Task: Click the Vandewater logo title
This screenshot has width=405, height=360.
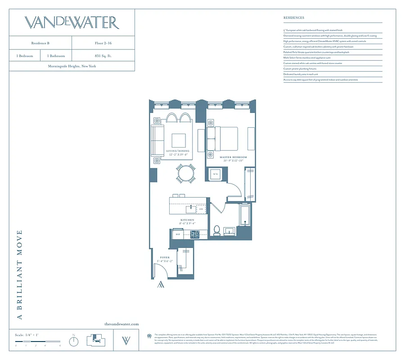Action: pos(72,22)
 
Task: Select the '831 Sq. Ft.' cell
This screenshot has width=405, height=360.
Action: pos(103,56)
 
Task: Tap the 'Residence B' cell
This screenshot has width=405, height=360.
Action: pos(40,43)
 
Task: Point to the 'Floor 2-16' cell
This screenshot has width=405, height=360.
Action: pos(103,43)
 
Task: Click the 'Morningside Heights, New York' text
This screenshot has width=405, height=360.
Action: pos(72,66)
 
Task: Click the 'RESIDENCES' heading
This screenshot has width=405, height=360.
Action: pos(294,18)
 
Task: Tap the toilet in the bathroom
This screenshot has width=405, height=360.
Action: pos(216,230)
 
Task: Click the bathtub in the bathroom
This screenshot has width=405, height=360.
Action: pos(245,215)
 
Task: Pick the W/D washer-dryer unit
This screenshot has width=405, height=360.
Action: pos(216,174)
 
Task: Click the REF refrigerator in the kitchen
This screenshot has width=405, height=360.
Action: pos(178,234)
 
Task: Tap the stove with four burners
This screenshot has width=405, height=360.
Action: pos(194,234)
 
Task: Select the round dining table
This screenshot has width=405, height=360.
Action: pos(185,173)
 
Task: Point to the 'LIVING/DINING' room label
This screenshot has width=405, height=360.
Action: pos(178,151)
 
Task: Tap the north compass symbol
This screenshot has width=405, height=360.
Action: pos(73,341)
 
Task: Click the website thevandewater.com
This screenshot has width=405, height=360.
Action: pos(121,324)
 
